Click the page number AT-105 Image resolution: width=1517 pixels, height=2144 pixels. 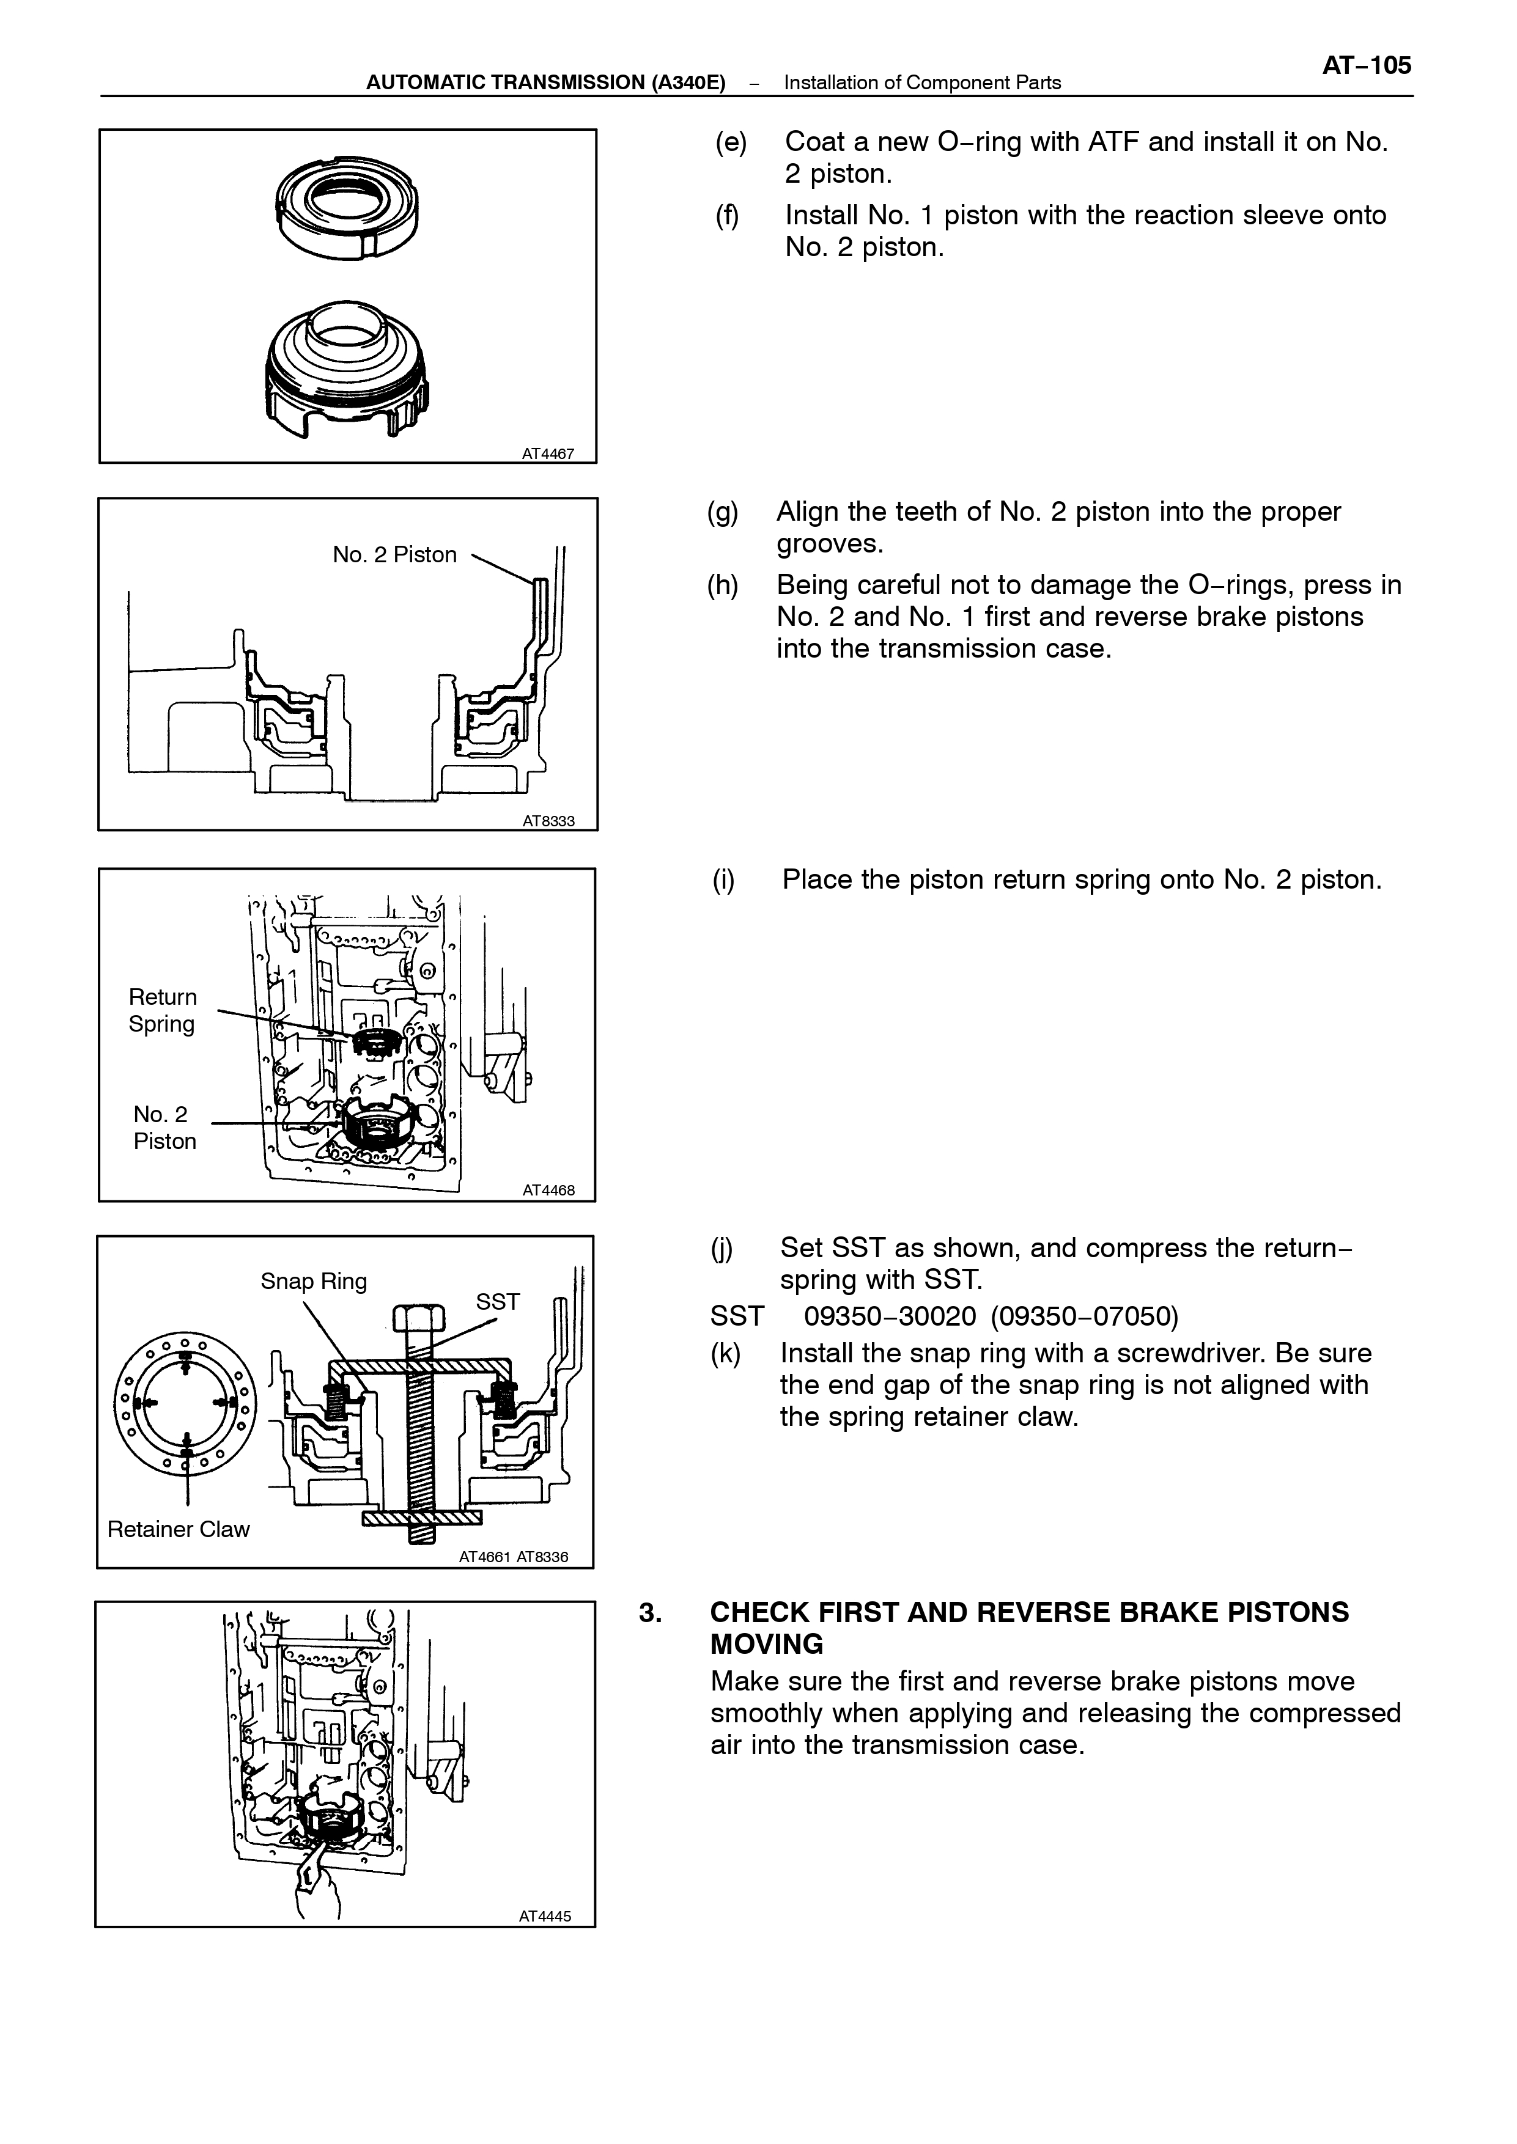1367,65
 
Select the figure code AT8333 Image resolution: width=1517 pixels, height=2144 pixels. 548,822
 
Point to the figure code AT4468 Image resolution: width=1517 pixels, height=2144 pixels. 548,1191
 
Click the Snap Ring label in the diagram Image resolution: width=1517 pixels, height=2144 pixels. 314,1281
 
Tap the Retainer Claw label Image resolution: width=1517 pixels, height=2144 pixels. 179,1529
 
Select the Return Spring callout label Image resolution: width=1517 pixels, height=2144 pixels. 163,1010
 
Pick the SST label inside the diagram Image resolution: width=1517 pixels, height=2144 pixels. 498,1302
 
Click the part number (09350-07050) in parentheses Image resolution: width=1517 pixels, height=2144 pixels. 1085,1316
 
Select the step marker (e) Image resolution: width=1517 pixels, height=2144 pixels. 731,142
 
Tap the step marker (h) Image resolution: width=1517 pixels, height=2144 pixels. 723,586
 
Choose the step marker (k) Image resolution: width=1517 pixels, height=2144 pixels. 726,1353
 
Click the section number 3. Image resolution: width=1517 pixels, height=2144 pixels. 651,1613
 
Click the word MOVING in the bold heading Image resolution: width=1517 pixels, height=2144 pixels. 767,1645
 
